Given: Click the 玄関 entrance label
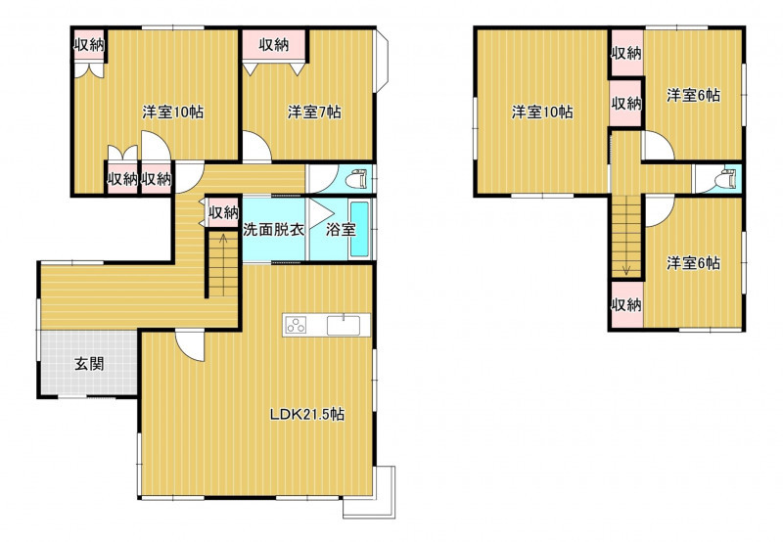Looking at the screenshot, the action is [x=89, y=364].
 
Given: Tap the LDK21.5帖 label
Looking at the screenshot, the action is [x=307, y=414].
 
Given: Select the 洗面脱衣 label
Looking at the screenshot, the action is [x=274, y=230].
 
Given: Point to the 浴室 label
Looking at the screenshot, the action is [x=341, y=230].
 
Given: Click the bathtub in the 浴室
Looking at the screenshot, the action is [x=359, y=229].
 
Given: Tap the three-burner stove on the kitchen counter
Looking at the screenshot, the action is [x=296, y=326].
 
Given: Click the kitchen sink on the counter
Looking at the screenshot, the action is [x=344, y=326].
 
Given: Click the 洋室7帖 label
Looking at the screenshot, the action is [x=314, y=112].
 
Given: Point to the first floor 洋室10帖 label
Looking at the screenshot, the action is [x=173, y=112].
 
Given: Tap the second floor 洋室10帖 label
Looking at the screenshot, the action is [x=542, y=112].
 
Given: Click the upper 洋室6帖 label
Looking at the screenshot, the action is [x=694, y=95].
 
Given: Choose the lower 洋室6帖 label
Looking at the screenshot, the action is [x=694, y=263].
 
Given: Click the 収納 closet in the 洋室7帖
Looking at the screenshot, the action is [x=274, y=45].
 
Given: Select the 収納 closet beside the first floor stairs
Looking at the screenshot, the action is [x=223, y=212].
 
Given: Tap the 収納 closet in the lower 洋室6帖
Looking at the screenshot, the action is [x=626, y=304].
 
